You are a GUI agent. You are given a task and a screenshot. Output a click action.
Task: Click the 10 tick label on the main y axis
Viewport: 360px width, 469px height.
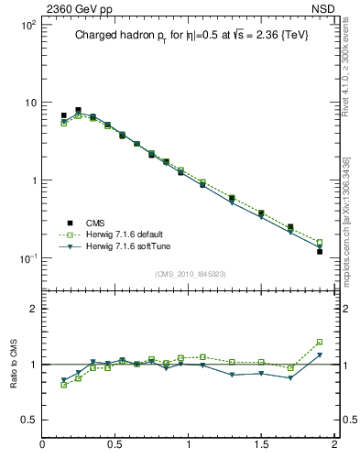30,103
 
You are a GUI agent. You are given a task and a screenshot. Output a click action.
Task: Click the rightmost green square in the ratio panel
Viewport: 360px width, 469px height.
320,342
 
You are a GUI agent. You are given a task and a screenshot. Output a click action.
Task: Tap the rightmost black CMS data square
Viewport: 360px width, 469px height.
320,251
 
